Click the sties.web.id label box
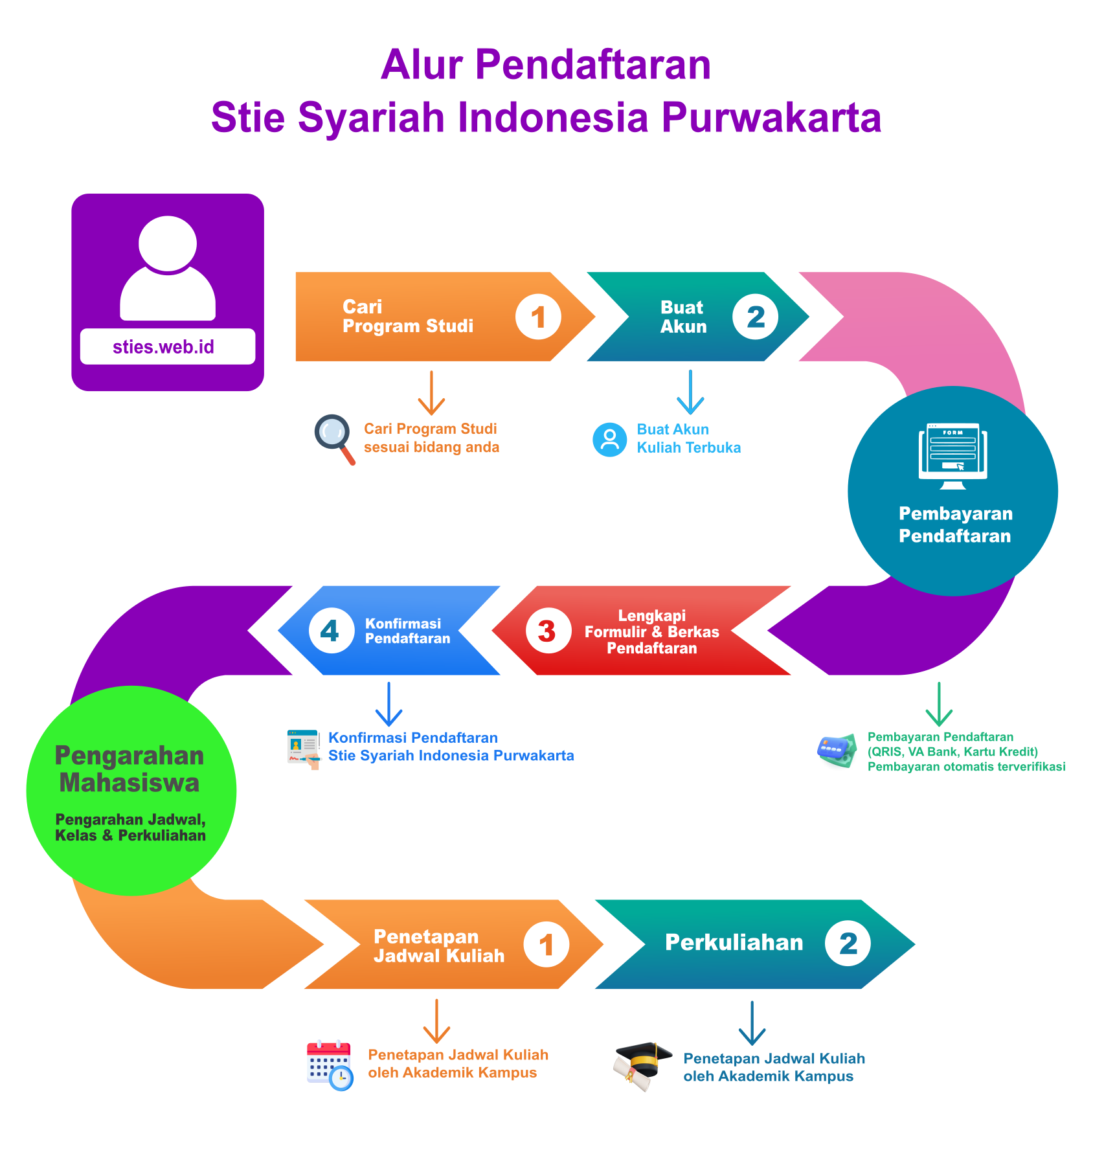pos(168,346)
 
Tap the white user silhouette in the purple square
pos(168,268)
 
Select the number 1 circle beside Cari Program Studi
pos(538,317)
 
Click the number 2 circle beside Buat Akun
pos(755,317)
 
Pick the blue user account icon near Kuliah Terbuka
pos(610,440)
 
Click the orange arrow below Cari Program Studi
pos(431,392)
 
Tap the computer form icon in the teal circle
pos(953,456)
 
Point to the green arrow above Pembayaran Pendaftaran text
pos(939,704)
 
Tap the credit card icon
pos(837,751)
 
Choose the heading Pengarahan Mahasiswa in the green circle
pos(130,769)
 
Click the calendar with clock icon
pos(330,1065)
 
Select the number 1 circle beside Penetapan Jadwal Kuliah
pos(546,944)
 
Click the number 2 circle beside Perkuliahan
pos(848,943)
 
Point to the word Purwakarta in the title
pos(771,118)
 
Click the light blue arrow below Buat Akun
pos(690,392)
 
